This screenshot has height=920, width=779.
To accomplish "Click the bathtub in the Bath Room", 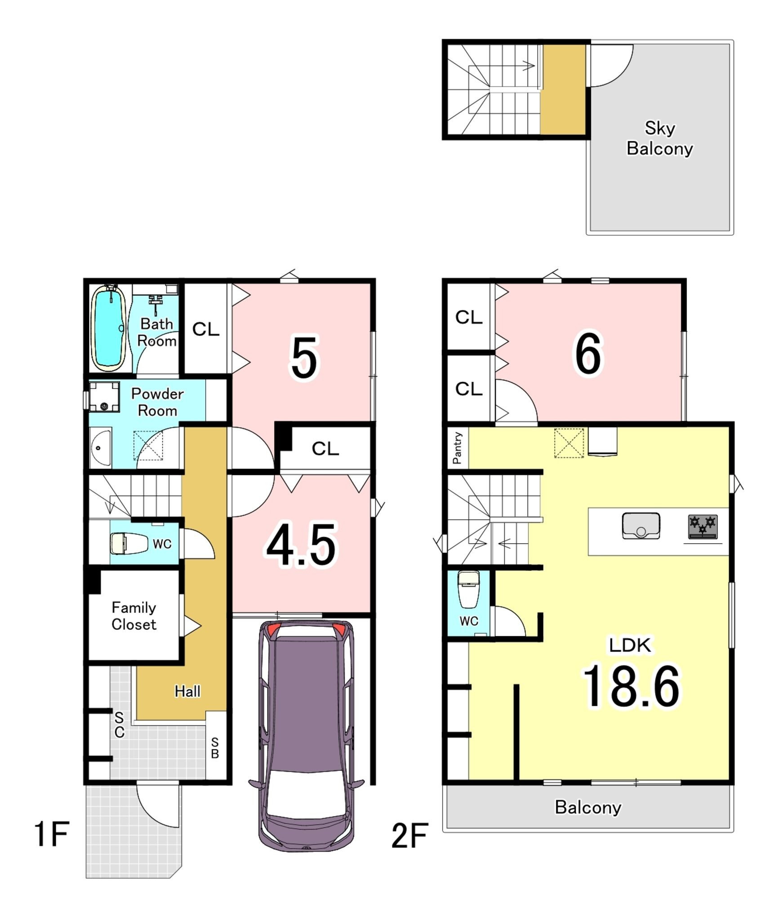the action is [108, 328].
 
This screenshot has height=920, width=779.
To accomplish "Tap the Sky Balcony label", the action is [659, 138].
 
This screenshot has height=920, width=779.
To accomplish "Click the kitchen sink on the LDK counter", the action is [641, 526].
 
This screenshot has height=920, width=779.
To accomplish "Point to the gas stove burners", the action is [703, 527].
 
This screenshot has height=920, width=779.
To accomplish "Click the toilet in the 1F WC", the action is [129, 544].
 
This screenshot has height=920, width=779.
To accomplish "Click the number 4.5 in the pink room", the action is [301, 545].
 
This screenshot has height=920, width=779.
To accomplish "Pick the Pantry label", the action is [457, 448].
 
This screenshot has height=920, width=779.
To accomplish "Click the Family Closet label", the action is [134, 616].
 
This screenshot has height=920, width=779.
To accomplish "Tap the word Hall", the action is [187, 691].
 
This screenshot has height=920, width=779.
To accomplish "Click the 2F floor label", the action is [410, 836].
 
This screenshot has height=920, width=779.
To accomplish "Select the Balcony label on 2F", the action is [588, 808].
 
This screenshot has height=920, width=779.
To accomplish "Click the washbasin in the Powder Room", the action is [100, 447].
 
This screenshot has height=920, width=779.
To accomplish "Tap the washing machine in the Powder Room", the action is [104, 397].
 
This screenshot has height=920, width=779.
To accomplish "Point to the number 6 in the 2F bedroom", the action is [588, 354].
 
